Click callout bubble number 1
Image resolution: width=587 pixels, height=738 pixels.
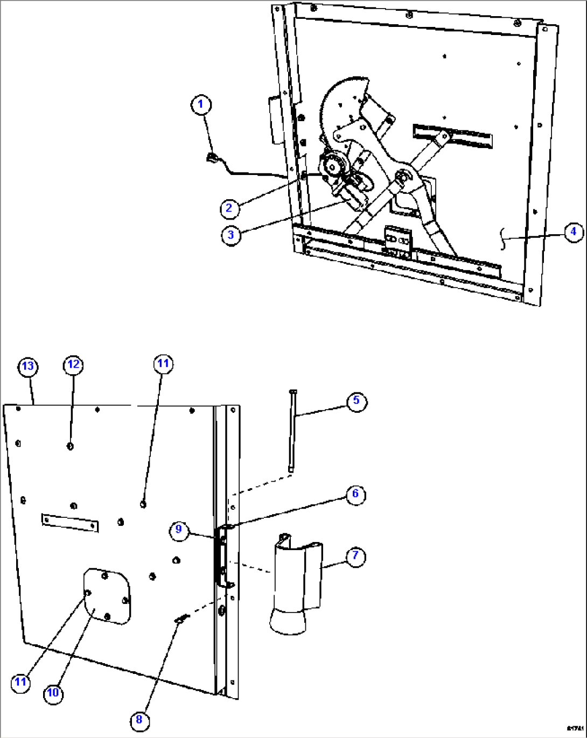201,104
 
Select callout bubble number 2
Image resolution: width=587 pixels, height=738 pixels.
229,208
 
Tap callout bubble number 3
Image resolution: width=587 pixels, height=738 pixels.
231,235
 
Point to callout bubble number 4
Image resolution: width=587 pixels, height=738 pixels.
574,231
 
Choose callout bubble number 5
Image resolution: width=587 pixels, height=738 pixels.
356,401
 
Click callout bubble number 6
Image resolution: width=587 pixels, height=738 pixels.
355,494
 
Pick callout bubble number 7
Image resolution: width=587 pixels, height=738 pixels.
355,556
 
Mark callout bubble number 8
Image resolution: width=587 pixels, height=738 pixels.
139,720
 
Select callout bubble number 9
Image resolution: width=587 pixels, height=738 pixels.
179,530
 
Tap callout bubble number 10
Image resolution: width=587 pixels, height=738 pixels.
53,692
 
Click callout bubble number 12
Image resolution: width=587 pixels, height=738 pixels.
73,364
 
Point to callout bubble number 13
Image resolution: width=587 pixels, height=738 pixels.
27,367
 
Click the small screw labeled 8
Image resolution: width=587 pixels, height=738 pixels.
181,620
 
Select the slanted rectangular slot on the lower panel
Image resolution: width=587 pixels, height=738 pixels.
70,522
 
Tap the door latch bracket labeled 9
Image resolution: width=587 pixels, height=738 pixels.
222,557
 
